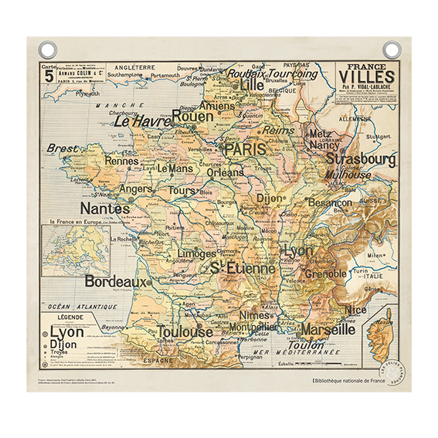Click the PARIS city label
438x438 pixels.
pyautogui.click(x=244, y=149)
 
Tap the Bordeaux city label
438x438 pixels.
pyautogui.click(x=115, y=282)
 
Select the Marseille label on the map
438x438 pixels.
pyautogui.click(x=328, y=329)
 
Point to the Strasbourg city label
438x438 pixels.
pyautogui.click(x=361, y=158)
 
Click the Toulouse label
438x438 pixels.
pyautogui.click(x=185, y=332)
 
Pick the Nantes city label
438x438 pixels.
pyautogui.click(x=105, y=209)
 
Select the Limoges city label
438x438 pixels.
pyautogui.click(x=196, y=253)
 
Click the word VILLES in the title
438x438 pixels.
pyautogui.click(x=367, y=77)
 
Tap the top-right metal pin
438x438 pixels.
pyautogui.click(x=392, y=49)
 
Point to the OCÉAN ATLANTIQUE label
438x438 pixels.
pyautogui.click(x=83, y=307)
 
